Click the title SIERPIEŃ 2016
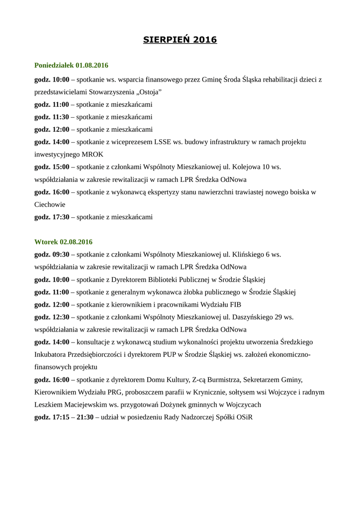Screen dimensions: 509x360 (180, 40)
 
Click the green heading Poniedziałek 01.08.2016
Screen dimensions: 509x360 (71, 66)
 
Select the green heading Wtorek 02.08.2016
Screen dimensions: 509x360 (63, 242)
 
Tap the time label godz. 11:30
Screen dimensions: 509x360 (52, 117)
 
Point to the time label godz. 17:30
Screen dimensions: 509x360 (52, 217)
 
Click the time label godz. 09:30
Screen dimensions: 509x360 (52, 254)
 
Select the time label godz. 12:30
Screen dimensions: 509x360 (52, 317)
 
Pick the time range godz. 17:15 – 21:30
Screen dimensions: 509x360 (64, 417)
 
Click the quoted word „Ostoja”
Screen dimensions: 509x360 (148, 92)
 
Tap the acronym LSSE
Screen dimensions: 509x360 (163, 142)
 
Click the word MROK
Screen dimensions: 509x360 (91, 154)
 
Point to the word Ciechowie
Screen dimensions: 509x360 (50, 204)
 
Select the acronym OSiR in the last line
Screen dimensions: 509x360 (243, 417)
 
